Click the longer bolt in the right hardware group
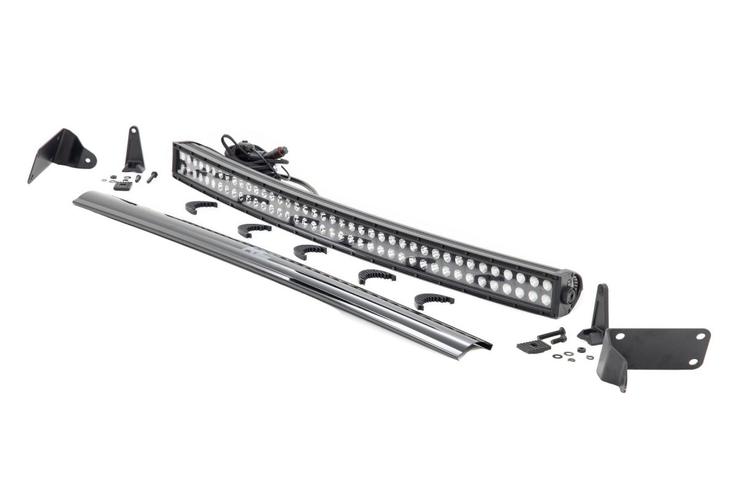551,335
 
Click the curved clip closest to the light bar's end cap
434,301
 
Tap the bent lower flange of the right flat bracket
616,372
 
